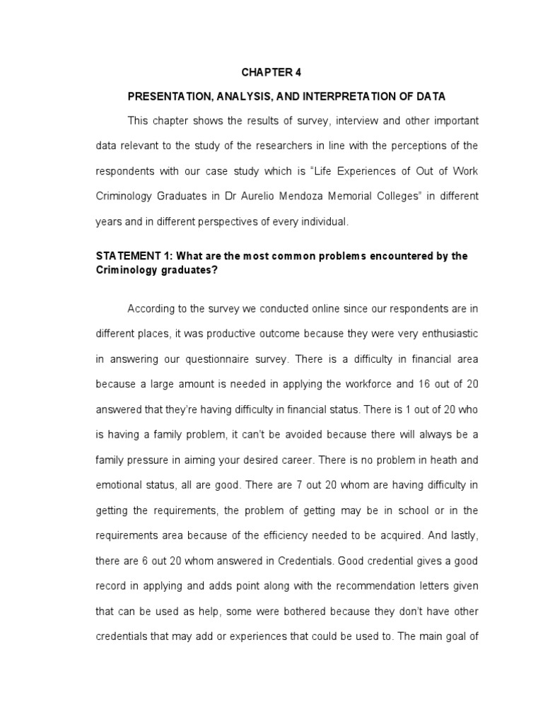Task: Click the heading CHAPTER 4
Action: (271, 72)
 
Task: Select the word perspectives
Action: (246, 221)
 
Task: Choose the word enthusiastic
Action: (445, 333)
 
